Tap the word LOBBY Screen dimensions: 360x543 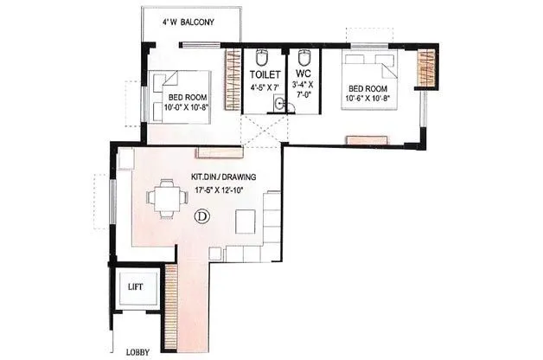[137, 351]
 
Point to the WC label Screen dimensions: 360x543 [303, 75]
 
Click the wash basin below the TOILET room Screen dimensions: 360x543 [278, 105]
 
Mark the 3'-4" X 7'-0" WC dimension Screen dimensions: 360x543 [305, 92]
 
